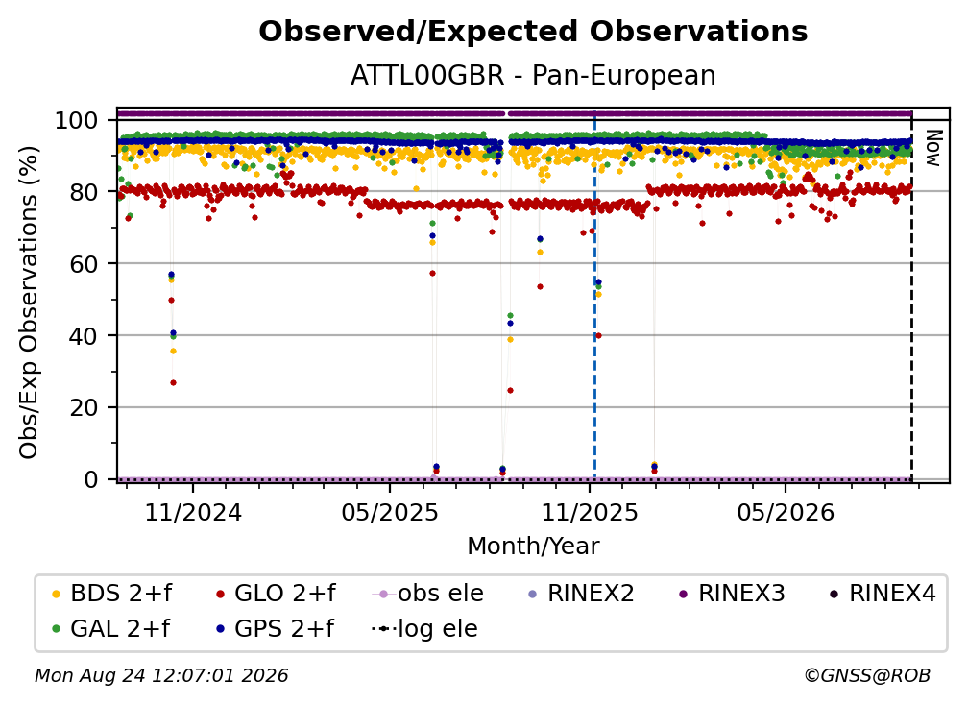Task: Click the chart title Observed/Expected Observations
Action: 533,32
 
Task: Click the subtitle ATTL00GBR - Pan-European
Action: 533,75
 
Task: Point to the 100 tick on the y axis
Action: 76,120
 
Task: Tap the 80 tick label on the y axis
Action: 84,192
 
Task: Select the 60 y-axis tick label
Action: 84,263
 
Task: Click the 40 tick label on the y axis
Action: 84,336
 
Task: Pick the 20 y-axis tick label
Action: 84,407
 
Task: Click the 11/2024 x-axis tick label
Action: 193,512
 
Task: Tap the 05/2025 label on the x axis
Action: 390,512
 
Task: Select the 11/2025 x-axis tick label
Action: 589,512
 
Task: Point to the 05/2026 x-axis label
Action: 786,512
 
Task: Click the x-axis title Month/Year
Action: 533,547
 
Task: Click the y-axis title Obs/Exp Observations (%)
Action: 29,302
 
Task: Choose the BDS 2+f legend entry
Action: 111,594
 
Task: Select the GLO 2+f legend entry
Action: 276,594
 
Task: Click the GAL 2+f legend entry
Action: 110,628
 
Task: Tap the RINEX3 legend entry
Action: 732,594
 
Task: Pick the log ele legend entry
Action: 424,628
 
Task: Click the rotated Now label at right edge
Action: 932,148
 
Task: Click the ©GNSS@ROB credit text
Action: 867,676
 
